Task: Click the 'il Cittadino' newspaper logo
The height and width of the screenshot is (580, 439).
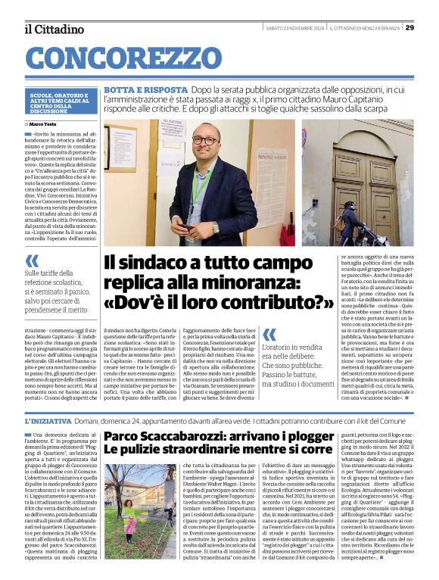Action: point(54,29)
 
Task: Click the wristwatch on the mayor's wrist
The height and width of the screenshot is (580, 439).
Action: point(216,226)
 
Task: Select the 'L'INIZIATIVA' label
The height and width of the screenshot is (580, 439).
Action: point(48,420)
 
